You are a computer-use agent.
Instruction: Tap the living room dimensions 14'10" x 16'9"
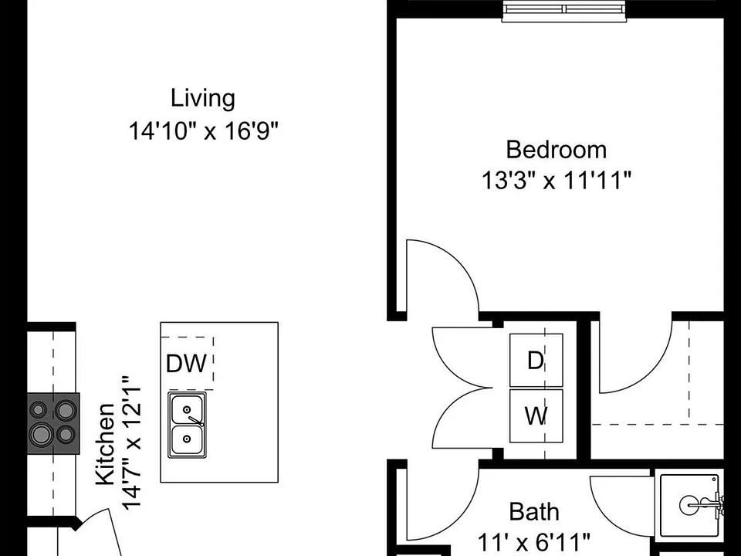click(204, 131)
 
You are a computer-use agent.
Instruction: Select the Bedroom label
click(557, 150)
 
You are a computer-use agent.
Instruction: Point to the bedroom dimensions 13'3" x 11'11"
click(557, 180)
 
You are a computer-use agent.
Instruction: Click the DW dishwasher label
click(187, 364)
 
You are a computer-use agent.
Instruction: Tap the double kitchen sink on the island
click(187, 425)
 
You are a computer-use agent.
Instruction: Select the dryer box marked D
click(536, 361)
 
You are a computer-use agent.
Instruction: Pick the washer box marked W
click(536, 415)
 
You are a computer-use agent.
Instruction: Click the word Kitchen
click(106, 444)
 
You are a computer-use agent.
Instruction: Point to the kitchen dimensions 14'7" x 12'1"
click(132, 442)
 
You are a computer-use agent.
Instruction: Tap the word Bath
click(534, 511)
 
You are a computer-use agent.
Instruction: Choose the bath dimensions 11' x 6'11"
click(534, 541)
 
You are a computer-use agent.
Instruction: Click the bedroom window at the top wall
click(565, 10)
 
